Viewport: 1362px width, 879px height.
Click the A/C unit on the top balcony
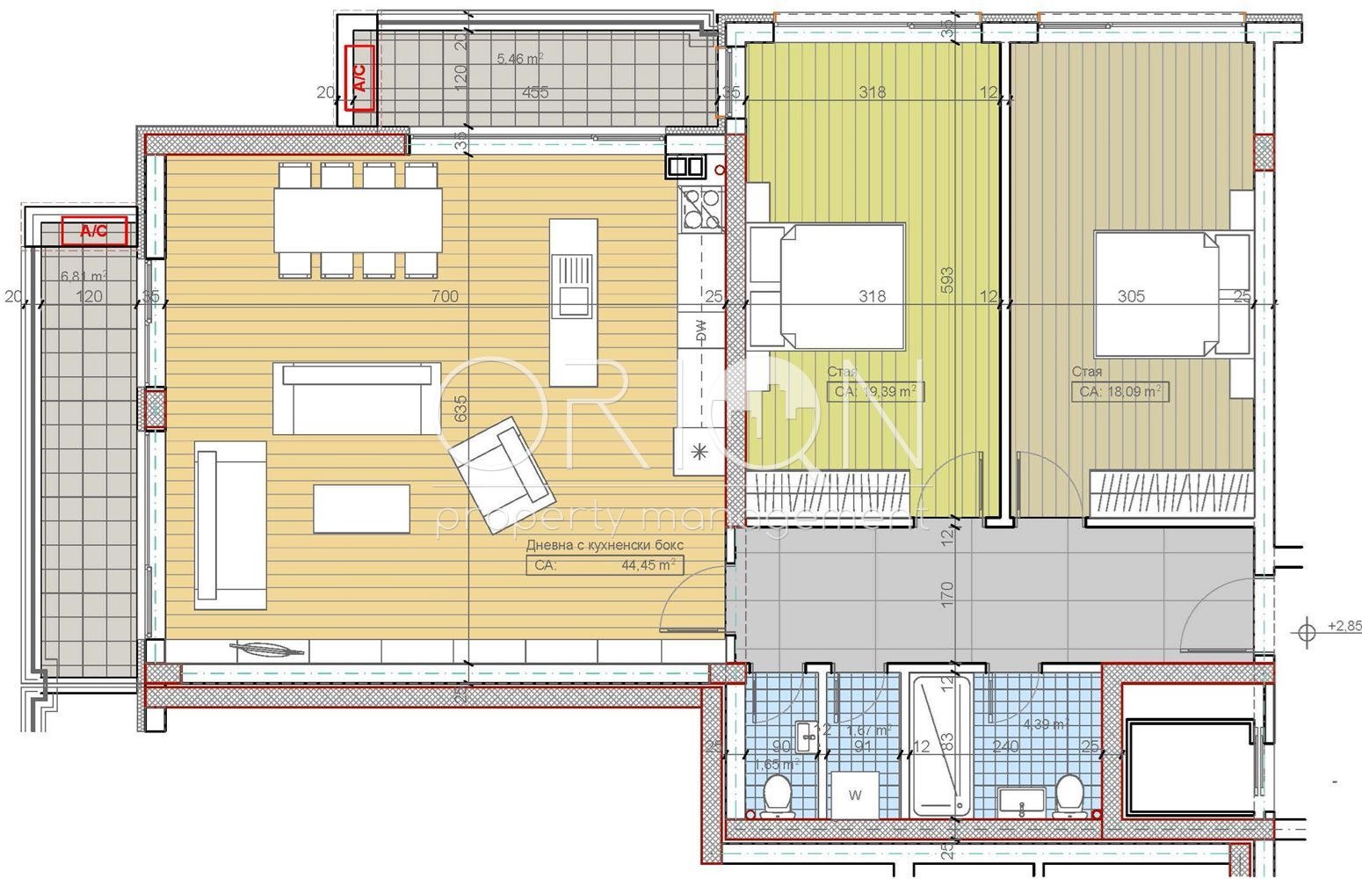(360, 78)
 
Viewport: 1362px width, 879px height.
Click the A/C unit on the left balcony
(94, 231)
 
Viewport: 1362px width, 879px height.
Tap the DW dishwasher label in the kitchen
(700, 331)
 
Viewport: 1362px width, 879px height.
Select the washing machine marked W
(855, 795)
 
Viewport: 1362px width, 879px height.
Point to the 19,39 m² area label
(875, 391)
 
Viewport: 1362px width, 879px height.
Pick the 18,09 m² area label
(1120, 391)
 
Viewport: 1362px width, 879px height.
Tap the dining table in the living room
(359, 221)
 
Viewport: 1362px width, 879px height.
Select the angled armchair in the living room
(500, 457)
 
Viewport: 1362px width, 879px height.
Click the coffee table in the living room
(361, 508)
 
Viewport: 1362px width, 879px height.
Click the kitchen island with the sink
(572, 301)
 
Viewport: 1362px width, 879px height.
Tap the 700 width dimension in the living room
(445, 296)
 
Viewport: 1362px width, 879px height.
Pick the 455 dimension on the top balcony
(535, 92)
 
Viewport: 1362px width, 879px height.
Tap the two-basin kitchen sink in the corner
(685, 165)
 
